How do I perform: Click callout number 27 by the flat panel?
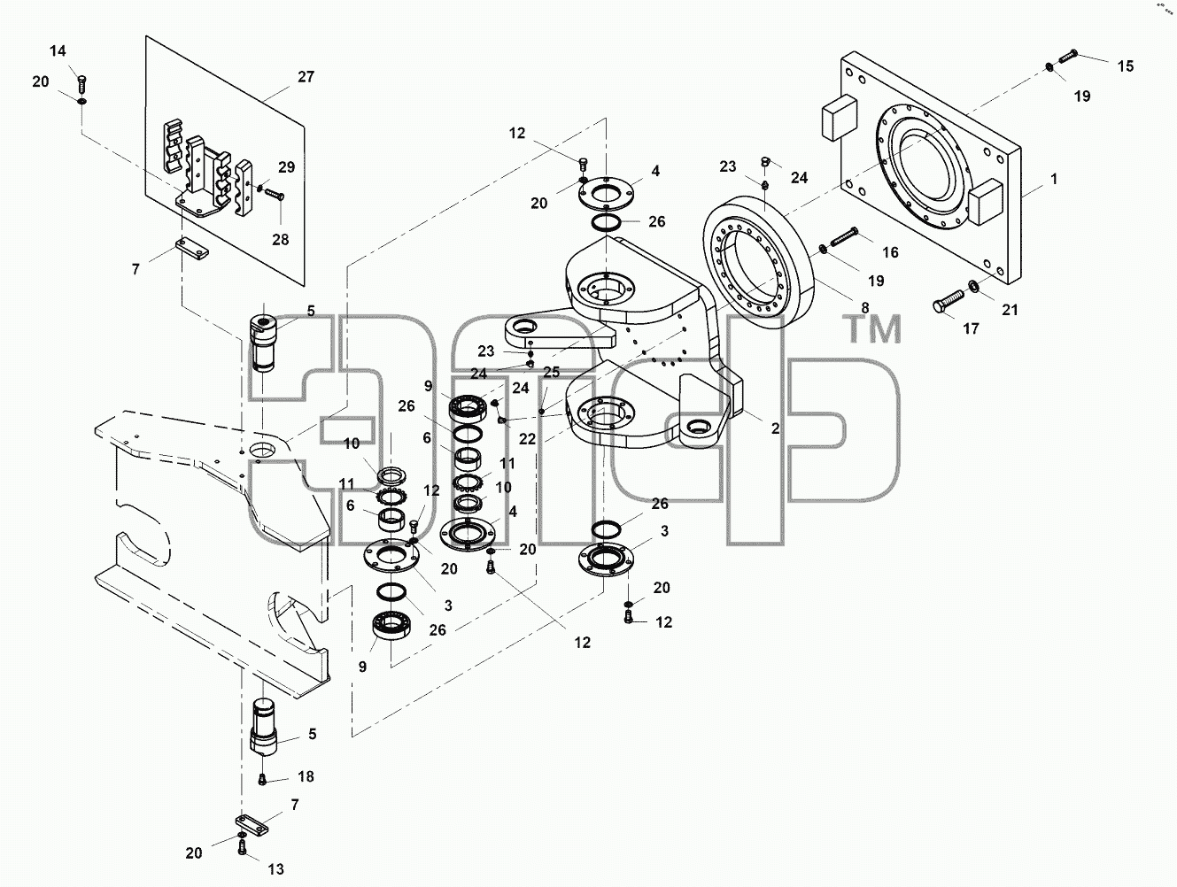306,77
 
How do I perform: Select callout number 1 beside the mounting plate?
1054,179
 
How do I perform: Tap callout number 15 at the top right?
1126,66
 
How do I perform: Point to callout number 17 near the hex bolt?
971,328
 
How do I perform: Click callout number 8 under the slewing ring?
865,308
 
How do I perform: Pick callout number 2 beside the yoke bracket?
776,428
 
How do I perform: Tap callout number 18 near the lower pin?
306,776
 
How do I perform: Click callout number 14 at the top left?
58,51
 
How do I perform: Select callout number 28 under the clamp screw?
281,240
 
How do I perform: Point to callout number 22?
527,439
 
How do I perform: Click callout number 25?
551,372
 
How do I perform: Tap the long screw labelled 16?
844,237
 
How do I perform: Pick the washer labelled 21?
972,285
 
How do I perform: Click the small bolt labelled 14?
82,83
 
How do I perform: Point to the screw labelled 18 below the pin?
262,779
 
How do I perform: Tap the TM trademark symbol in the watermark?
871,329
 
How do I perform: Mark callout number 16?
890,252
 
